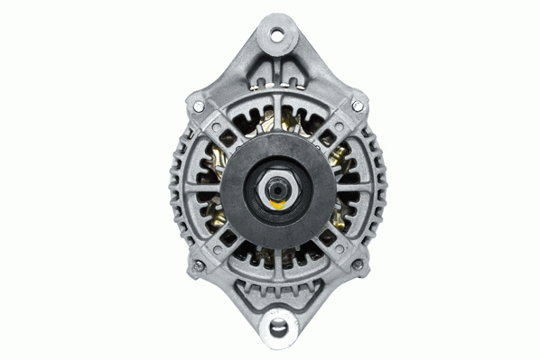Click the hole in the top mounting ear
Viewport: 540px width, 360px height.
pos(276,35)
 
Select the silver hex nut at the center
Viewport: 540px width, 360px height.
pos(277,189)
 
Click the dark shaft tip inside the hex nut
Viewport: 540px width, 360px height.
pos(277,189)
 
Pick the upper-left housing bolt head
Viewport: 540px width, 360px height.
pos(199,106)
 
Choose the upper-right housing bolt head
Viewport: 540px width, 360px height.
pos(358,106)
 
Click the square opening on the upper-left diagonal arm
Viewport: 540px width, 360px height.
pos(225,134)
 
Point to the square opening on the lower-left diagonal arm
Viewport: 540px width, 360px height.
pos(226,239)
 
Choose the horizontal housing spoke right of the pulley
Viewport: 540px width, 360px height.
pos(354,189)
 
